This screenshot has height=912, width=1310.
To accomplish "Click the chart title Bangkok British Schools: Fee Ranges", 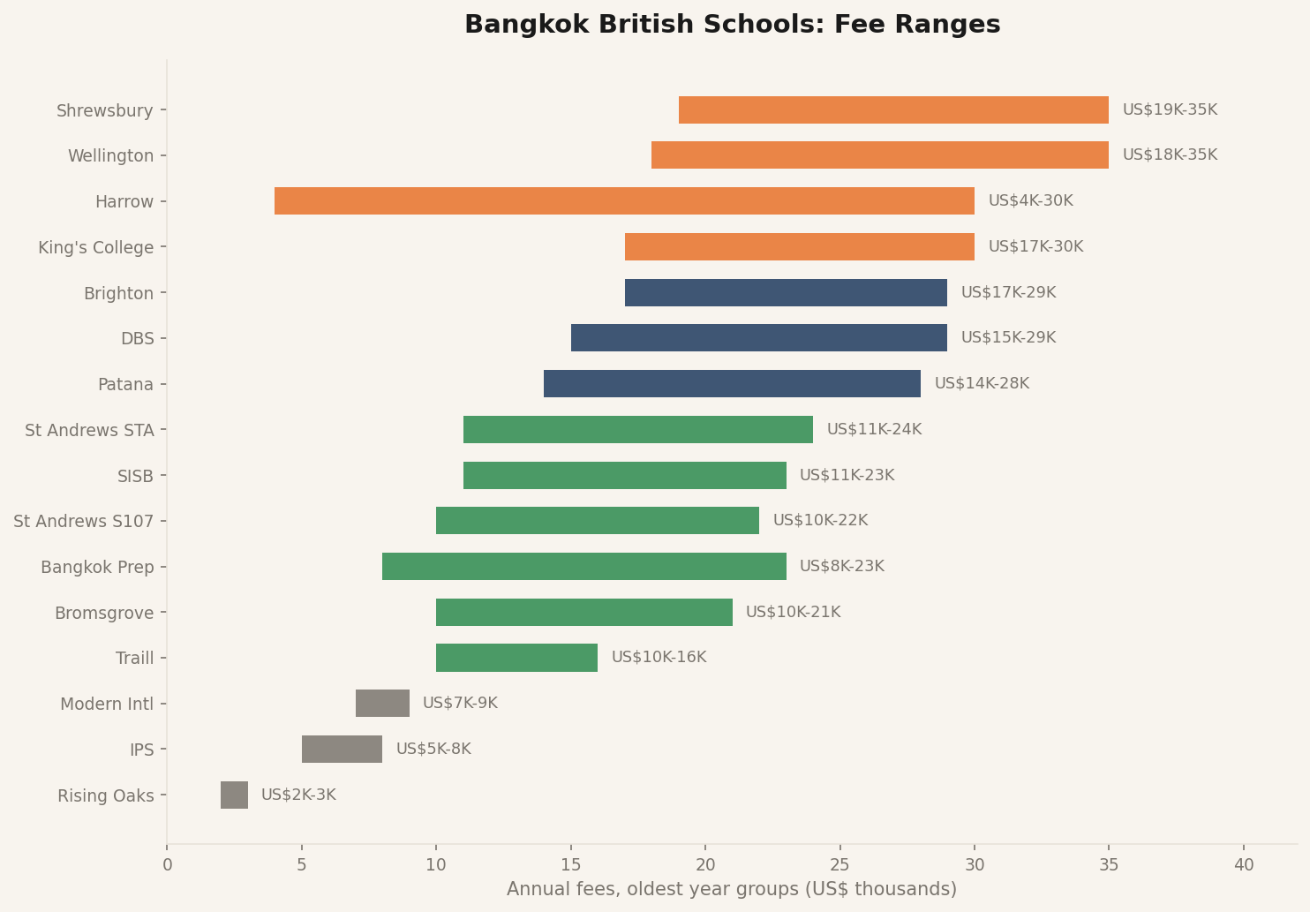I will (732, 25).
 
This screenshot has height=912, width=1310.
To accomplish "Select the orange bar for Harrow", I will (624, 201).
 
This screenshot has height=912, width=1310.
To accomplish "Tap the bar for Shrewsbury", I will (893, 110).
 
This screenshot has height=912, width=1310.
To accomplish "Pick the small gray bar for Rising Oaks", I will (234, 795).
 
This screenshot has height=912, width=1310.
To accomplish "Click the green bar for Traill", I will (516, 658).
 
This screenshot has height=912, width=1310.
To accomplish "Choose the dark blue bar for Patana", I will (732, 384).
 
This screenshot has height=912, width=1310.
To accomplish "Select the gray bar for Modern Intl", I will (382, 704).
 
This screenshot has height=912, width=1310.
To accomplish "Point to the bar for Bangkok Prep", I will (583, 567).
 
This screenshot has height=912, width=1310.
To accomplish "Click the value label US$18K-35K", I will (1170, 155).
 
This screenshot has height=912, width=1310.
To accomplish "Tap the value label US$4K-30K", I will (1030, 201).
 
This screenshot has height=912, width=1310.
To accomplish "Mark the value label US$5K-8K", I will (433, 750).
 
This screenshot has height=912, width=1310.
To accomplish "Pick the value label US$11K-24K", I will (874, 430).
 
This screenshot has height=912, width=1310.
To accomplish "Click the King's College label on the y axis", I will (95, 247).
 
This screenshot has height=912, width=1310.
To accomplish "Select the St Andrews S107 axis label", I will (83, 521).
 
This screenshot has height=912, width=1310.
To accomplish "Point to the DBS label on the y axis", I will (137, 338).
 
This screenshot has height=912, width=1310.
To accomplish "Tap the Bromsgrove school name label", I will (103, 613).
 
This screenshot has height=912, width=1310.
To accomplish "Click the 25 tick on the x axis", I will (839, 865).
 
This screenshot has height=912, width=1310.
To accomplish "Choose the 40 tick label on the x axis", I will (1243, 865).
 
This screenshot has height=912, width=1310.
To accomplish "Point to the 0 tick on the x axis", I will (167, 865).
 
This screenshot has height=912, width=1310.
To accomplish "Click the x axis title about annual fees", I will (732, 889).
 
